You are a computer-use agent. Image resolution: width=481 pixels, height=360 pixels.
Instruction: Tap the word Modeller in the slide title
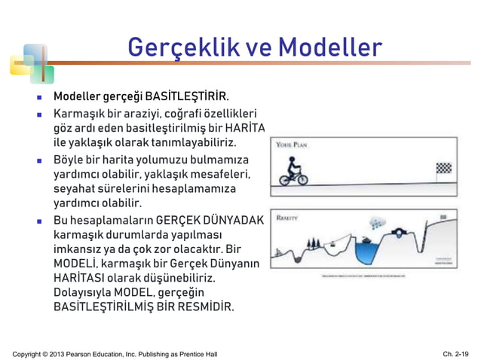(330, 47)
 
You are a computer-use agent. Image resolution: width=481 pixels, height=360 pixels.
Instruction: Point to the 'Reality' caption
(287, 217)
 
